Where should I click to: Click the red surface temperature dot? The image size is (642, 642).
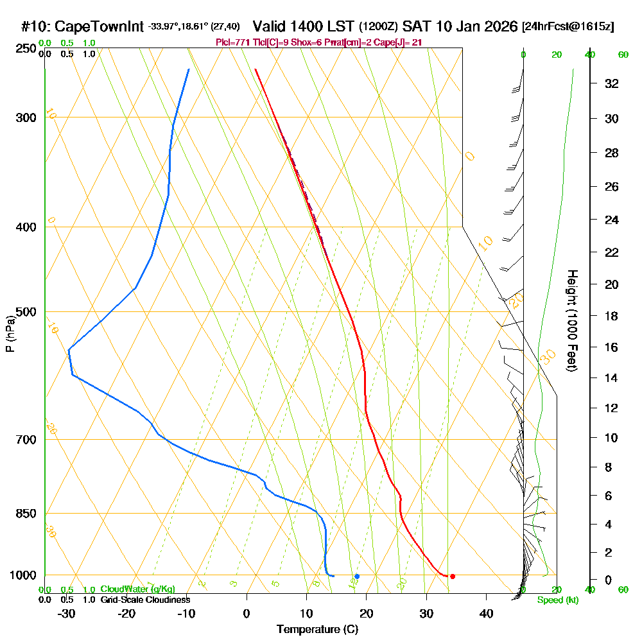coord(453,576)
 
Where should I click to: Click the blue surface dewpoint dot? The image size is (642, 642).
coord(357,576)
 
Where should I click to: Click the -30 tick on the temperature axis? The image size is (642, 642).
coord(67,614)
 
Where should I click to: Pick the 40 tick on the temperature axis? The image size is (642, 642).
coord(487,614)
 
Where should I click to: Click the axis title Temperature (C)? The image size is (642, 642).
coord(317,630)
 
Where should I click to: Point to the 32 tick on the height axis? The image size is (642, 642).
coord(611,83)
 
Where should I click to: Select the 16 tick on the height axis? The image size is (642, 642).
coord(611,347)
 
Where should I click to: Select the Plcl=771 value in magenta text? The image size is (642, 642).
coord(237,42)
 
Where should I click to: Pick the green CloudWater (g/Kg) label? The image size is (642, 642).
coord(137,589)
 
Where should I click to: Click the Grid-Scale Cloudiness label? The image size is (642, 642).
coord(144,600)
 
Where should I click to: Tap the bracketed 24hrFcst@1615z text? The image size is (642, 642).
coord(568,27)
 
